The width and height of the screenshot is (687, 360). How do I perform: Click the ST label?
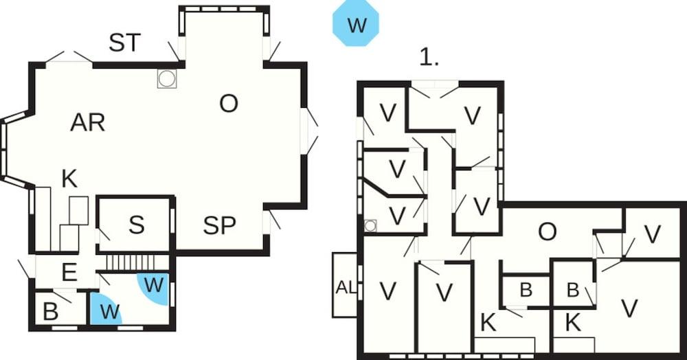click(x=125, y=43)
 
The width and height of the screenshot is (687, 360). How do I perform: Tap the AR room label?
click(x=88, y=122)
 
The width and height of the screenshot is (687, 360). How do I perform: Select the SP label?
click(x=220, y=225)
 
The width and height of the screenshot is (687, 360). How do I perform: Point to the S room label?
click(x=136, y=225)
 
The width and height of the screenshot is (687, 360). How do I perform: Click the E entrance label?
click(x=69, y=273)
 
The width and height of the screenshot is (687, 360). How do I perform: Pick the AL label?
click(x=346, y=288)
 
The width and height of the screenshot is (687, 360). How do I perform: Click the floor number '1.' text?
click(x=429, y=57)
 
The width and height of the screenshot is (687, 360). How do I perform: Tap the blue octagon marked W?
click(x=356, y=23)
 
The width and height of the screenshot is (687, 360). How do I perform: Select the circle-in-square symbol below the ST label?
click(x=167, y=79)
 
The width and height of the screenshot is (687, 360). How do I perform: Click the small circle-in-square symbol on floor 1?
click(x=371, y=225)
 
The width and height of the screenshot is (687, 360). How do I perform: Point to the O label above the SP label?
click(x=229, y=104)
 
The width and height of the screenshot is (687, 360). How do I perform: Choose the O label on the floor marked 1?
click(x=548, y=232)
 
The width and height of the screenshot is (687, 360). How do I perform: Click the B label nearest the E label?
click(x=50, y=312)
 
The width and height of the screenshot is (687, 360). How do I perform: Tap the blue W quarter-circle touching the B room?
click(x=105, y=308)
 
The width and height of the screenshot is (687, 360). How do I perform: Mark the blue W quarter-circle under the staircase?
click(x=153, y=288)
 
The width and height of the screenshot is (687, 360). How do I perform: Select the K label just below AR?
click(x=69, y=179)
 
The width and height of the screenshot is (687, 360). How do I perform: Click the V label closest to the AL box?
click(x=387, y=291)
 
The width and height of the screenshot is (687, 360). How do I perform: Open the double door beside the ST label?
click(x=69, y=58)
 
